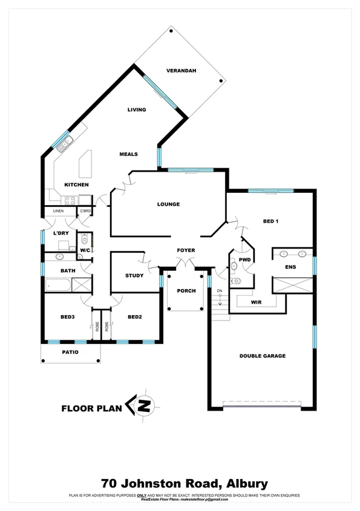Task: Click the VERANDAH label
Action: pos(182,71)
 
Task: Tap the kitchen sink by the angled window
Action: pos(66,143)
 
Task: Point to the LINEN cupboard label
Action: pos(58,211)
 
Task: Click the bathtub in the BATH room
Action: pos(58,284)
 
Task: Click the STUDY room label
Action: pos(134,276)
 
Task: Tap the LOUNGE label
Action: pos(168,204)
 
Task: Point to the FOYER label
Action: pos(185,250)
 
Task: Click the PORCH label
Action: pos(186,291)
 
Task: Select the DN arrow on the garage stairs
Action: pos(220,298)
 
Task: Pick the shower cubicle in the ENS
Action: pos(293,283)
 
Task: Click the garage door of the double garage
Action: pos(261,404)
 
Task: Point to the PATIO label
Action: pos(71,351)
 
